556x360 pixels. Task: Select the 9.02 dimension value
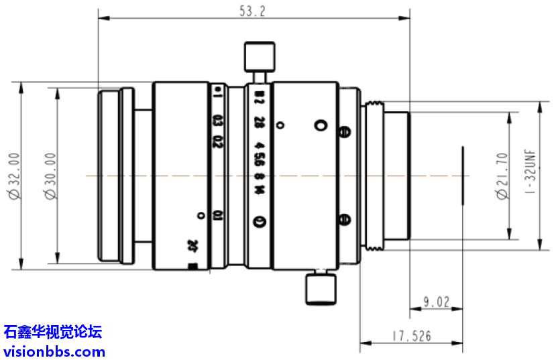pos(436,303)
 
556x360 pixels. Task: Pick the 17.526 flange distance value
pos(412,336)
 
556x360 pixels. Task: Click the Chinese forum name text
pos(52,331)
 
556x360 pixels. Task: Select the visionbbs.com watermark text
pos(54,351)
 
